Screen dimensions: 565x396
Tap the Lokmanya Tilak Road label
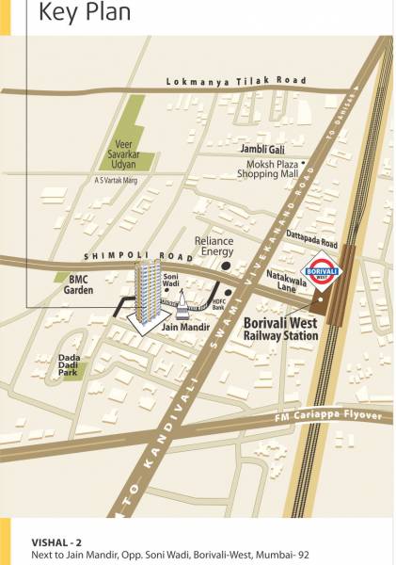[236, 82]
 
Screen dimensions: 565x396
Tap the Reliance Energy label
[214, 247]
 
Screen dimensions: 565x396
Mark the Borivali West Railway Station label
[282, 328]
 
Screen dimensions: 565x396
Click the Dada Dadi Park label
[69, 364]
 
